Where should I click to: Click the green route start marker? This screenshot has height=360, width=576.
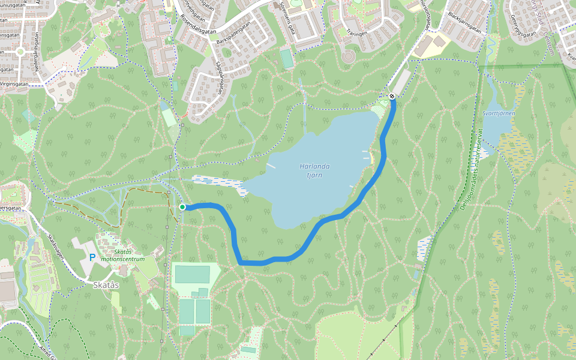click(x=182, y=207)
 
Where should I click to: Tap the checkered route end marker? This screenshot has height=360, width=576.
click(x=392, y=96)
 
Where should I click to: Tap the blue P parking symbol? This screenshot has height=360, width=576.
click(x=92, y=257)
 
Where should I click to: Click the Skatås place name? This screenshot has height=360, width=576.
click(x=106, y=285)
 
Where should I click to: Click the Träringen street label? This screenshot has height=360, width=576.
click(x=356, y=34)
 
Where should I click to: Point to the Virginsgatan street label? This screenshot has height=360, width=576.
click(x=14, y=85)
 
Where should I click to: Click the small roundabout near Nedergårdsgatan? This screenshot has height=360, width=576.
click(x=20, y=52)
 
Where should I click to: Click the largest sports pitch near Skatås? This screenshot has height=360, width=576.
click(x=192, y=274)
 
